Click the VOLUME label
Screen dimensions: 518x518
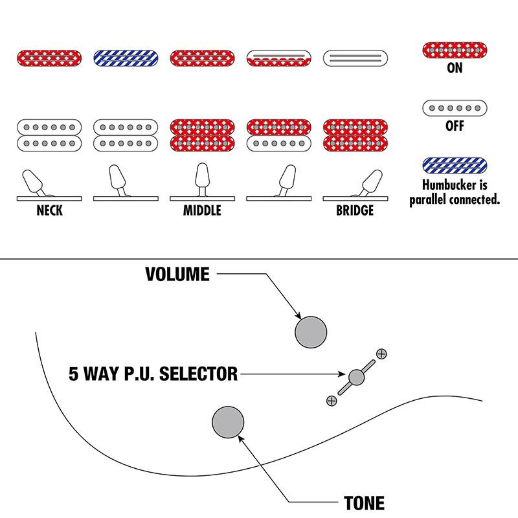(x=177, y=274)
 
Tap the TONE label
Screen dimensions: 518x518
(x=364, y=503)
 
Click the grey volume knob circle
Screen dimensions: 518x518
(x=311, y=332)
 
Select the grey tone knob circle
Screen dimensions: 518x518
(x=228, y=422)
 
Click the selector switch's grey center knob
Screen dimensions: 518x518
(x=357, y=377)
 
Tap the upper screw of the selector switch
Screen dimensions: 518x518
(x=381, y=354)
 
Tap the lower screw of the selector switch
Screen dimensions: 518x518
(x=332, y=401)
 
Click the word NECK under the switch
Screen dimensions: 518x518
(x=50, y=210)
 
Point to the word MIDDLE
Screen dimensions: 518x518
(x=202, y=210)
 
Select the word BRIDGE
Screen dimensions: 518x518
(x=355, y=210)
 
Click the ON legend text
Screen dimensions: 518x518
(x=455, y=68)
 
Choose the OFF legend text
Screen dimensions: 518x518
(x=455, y=126)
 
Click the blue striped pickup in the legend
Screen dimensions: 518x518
(x=455, y=166)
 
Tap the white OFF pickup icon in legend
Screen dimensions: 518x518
(x=455, y=108)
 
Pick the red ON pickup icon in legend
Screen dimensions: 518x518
(x=455, y=51)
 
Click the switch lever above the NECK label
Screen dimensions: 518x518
(x=33, y=182)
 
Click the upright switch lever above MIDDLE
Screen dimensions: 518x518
(x=202, y=179)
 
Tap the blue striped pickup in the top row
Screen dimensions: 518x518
(x=126, y=58)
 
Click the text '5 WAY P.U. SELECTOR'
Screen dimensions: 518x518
(x=153, y=374)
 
